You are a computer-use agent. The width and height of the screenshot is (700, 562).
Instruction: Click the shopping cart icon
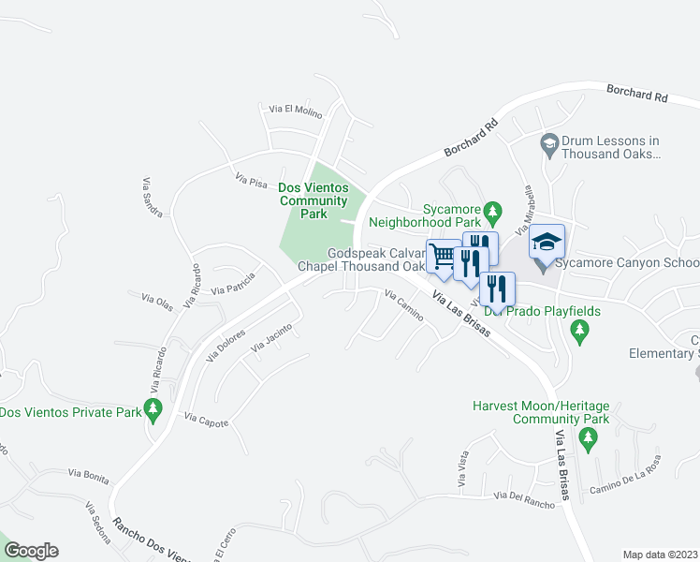coord(443,256)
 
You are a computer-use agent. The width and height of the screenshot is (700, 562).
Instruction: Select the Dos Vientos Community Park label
coord(314,200)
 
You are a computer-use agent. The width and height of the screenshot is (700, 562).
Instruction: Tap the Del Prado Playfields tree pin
coord(580,330)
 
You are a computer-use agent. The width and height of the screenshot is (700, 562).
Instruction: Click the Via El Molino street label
coord(295,111)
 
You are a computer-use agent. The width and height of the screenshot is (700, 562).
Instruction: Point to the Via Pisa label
coord(251,178)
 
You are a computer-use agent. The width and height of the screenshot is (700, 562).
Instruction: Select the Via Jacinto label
coord(271,339)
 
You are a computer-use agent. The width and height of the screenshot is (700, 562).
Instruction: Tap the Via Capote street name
coord(207,421)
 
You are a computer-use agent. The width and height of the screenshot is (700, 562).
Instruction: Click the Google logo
coord(31,551)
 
